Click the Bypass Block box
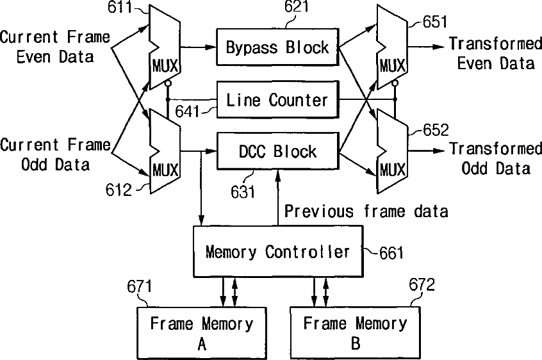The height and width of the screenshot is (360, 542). [277, 47]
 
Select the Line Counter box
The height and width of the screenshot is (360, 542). [277, 100]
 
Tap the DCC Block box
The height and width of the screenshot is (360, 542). [277, 152]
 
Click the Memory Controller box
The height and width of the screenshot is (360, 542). [277, 251]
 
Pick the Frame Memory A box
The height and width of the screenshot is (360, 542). [201, 333]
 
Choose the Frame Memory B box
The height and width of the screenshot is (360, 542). [355, 333]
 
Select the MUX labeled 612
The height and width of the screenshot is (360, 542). [165, 151]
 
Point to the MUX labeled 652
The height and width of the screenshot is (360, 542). [392, 151]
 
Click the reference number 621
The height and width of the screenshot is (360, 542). [295, 8]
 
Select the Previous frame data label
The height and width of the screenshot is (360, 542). [366, 211]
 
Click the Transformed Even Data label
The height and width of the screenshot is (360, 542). [495, 54]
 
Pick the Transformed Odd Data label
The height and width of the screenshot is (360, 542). [495, 158]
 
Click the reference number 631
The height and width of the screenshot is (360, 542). [243, 190]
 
